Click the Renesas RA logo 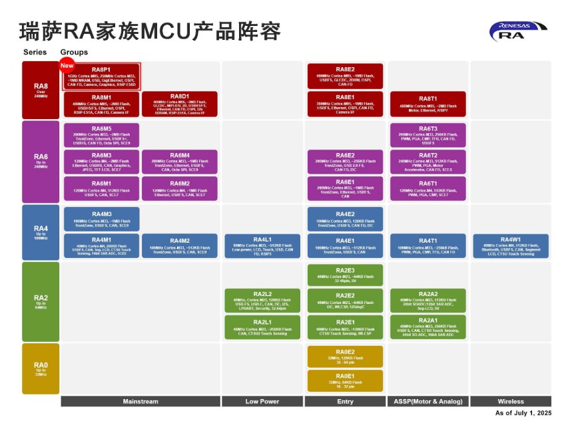click(518, 31)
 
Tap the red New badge click(67, 65)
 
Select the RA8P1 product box click(101, 76)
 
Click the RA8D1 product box click(180, 104)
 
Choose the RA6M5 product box click(101, 135)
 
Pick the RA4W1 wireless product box click(511, 246)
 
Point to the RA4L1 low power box click(262, 246)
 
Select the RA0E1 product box click(345, 380)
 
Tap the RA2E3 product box click(345, 275)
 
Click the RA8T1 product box click(427, 104)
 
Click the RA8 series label click(41, 89)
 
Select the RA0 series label click(41, 368)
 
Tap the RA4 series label click(41, 232)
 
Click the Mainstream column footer click(141, 402)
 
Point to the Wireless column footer click(511, 402)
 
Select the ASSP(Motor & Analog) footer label click(427, 402)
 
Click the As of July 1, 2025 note click(523, 413)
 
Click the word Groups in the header click(74, 52)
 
